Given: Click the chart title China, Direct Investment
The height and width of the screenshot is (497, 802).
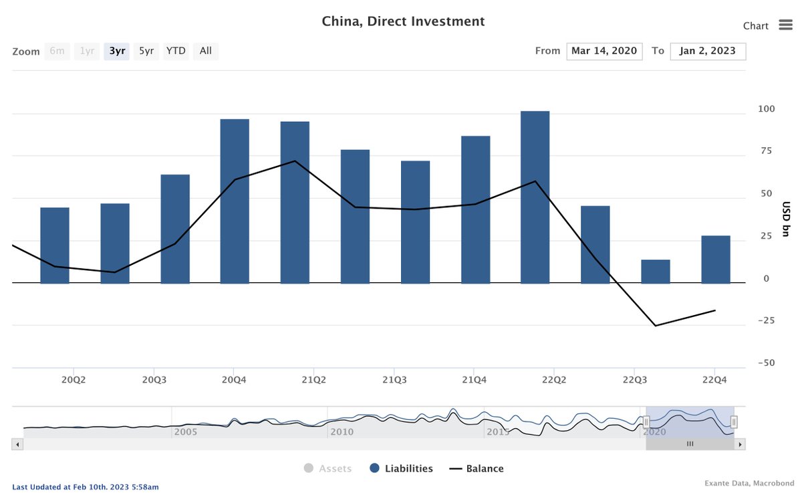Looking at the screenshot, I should click(x=403, y=21).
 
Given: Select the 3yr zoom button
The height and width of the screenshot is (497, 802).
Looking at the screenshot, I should click(x=117, y=51).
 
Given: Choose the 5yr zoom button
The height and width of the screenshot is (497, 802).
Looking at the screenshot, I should click(x=146, y=51).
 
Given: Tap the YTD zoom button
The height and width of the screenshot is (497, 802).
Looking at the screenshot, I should click(x=176, y=51).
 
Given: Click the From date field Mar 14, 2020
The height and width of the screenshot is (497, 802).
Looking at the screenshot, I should click(x=604, y=51).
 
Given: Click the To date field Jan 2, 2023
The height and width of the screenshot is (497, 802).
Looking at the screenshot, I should click(x=708, y=51).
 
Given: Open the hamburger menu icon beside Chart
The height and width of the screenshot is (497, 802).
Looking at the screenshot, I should click(x=785, y=25).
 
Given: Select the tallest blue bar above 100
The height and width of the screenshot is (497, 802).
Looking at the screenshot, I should click(x=535, y=197).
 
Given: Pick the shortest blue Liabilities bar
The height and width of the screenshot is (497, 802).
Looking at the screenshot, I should click(x=655, y=271).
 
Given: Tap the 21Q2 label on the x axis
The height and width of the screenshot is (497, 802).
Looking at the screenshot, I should click(x=313, y=380).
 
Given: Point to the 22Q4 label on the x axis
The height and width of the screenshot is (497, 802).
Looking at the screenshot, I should click(x=714, y=380).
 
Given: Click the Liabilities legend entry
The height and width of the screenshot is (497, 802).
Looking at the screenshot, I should click(x=401, y=469).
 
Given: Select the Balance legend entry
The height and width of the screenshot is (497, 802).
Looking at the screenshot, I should click(x=477, y=469).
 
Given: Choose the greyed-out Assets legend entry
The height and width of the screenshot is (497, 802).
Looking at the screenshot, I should click(x=327, y=469).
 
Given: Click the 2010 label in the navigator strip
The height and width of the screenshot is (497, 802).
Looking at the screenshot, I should click(x=341, y=431).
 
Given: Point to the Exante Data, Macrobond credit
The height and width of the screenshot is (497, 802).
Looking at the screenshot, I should click(x=747, y=483).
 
